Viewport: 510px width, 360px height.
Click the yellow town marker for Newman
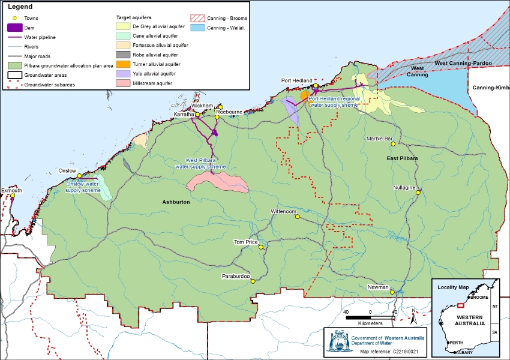pyautogui.click(x=392, y=292)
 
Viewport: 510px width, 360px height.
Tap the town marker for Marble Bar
pyautogui.click(x=393, y=144)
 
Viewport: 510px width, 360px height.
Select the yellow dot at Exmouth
pyautogui.click(x=13, y=195)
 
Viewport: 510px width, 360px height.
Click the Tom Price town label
pyautogui.click(x=245, y=242)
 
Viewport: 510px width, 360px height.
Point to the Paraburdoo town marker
pyautogui.click(x=253, y=281)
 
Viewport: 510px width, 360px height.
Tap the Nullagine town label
pyautogui.click(x=404, y=188)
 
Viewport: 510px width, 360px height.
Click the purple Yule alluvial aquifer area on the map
pyautogui.click(x=291, y=108)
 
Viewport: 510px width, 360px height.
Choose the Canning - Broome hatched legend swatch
pyautogui.click(x=197, y=18)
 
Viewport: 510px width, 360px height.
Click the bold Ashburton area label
pyautogui.click(x=176, y=203)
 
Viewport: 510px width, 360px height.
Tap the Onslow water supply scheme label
pyautogui.click(x=83, y=187)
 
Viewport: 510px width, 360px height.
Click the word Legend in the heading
pyautogui.click(x=20, y=6)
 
